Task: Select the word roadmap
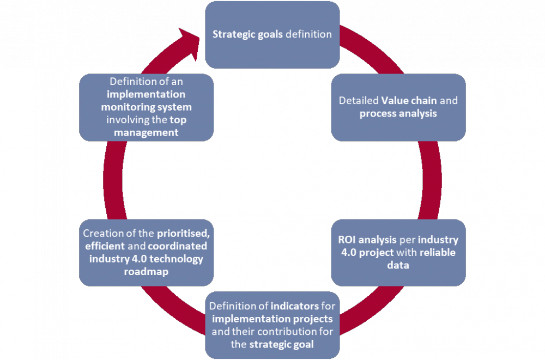(146, 271)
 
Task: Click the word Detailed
(359, 101)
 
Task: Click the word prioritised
(183, 233)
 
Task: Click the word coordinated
(178, 246)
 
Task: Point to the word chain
(428, 101)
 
